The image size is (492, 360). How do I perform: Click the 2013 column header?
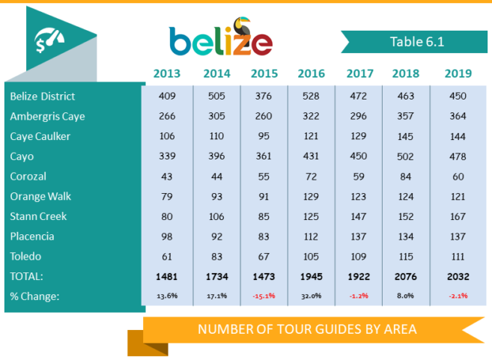166,73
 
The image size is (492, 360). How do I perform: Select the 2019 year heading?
458,73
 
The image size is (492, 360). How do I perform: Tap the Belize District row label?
43,97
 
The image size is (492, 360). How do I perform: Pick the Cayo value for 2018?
407,156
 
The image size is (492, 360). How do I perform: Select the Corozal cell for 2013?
166,176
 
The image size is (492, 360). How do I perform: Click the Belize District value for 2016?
311,97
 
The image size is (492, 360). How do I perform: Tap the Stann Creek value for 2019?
458,216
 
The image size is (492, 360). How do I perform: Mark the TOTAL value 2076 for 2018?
407,276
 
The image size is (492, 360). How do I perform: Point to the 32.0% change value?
311,296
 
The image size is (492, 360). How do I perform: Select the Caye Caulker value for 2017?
359,136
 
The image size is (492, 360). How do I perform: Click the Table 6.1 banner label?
417,42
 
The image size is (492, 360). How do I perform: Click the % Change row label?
34,296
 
